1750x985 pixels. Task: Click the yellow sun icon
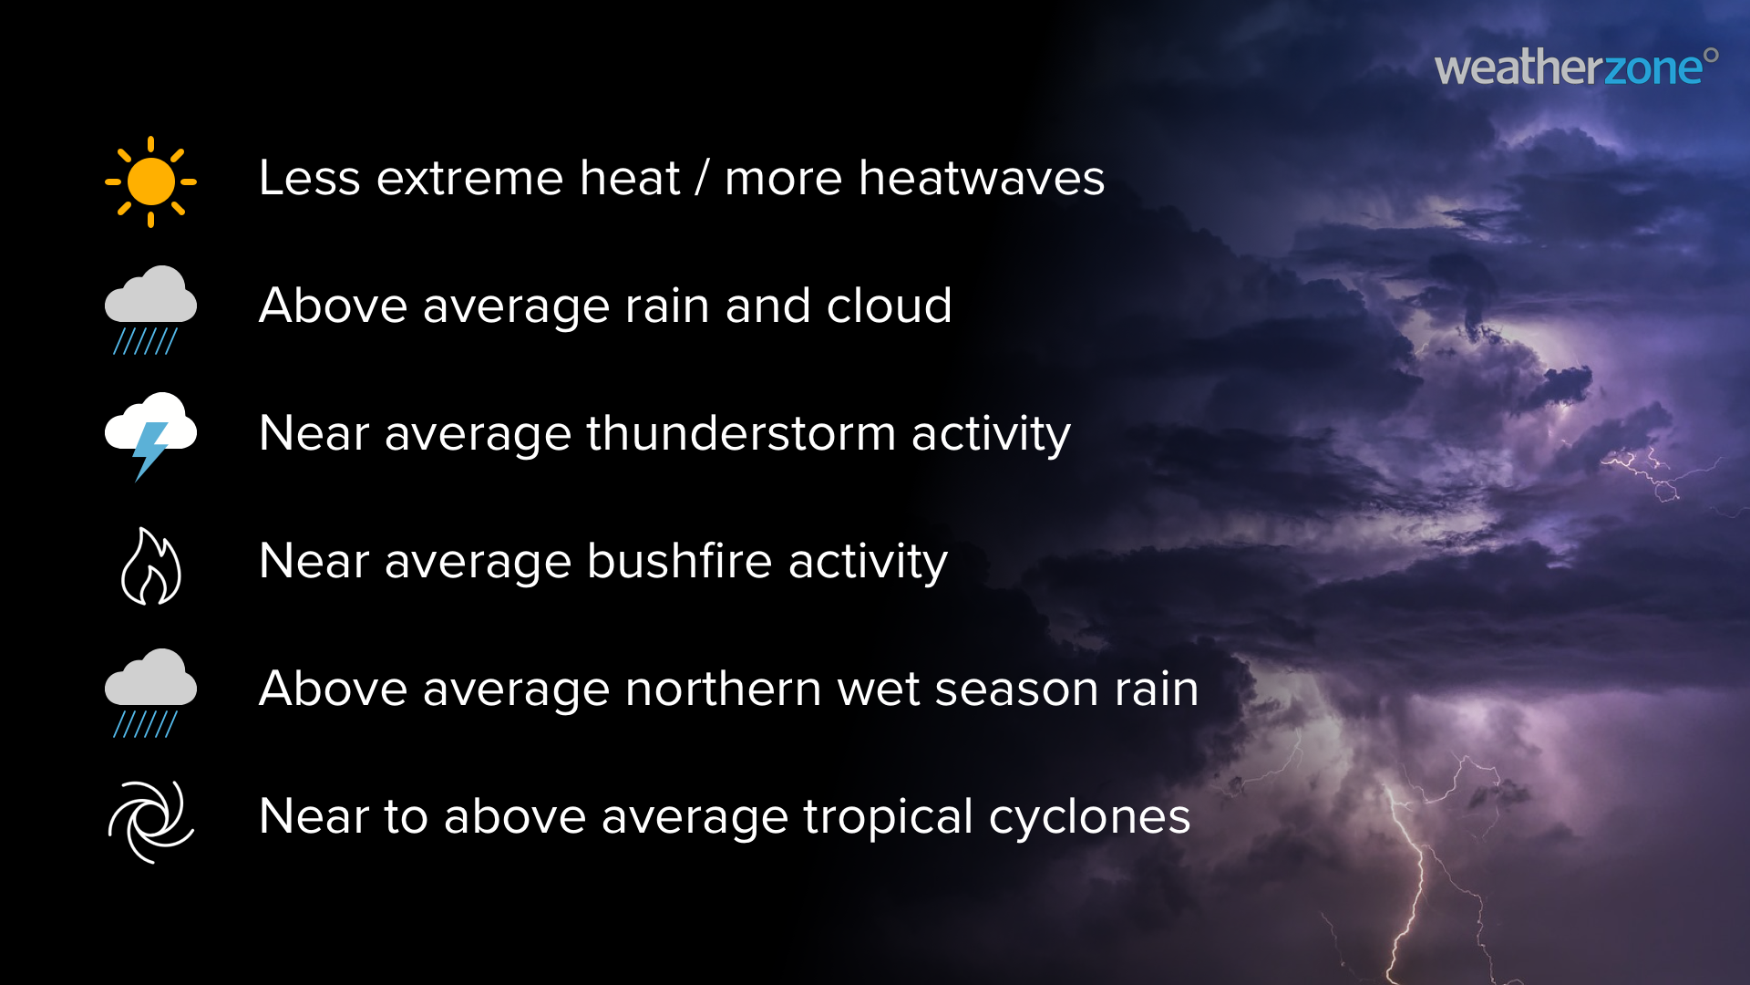point(150,181)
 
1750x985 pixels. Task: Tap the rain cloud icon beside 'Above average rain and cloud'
point(150,308)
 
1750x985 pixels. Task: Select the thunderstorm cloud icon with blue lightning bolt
point(150,434)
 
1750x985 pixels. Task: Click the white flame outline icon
point(151,566)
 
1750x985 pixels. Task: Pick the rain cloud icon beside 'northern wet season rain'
point(150,691)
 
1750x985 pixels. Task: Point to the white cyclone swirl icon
point(151,821)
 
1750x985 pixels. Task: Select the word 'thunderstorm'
point(741,433)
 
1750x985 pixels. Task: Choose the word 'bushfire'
point(680,561)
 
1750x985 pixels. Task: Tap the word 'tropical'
point(888,817)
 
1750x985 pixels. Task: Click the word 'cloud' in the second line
point(889,306)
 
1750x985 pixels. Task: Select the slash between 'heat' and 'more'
point(701,178)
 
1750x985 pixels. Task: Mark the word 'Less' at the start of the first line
point(310,178)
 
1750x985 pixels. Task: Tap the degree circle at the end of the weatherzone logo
point(1711,55)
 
